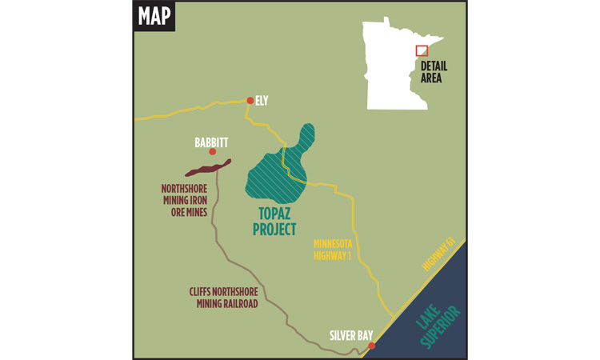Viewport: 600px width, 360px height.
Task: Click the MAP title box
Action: pyautogui.click(x=154, y=16)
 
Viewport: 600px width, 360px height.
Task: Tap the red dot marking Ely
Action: pyautogui.click(x=250, y=101)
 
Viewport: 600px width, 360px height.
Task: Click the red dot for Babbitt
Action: pyautogui.click(x=212, y=152)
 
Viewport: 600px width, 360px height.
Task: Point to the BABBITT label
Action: pyautogui.click(x=211, y=142)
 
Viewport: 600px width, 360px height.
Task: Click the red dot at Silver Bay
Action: pyautogui.click(x=371, y=346)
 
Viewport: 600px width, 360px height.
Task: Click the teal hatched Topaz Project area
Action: pyautogui.click(x=276, y=172)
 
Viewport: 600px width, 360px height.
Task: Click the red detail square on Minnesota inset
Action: pyautogui.click(x=422, y=50)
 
